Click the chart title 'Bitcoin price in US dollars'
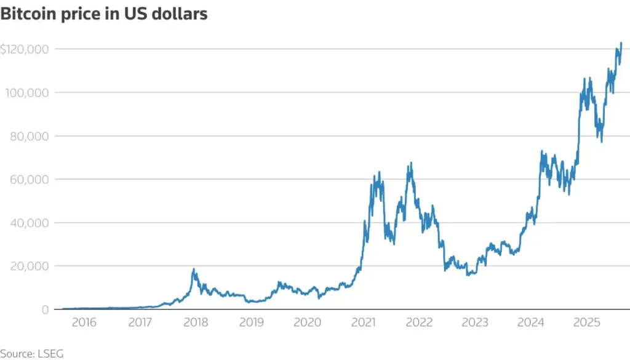pyautogui.click(x=104, y=15)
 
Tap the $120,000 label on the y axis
pyautogui.click(x=26, y=49)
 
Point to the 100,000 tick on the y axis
pyautogui.click(x=28, y=92)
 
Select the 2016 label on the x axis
pyautogui.click(x=84, y=322)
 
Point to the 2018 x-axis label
pyautogui.click(x=196, y=322)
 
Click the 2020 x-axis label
pyautogui.click(x=307, y=322)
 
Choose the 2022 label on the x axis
pyautogui.click(x=419, y=322)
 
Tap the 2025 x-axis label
pyautogui.click(x=586, y=322)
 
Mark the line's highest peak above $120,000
pyautogui.click(x=621, y=43)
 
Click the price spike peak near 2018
pyautogui.click(x=194, y=269)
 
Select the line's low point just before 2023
pyautogui.click(x=468, y=274)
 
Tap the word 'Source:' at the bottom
pyautogui.click(x=18, y=354)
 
